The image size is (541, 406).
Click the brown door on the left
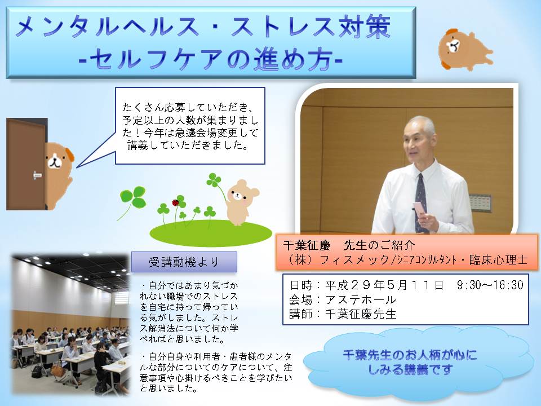26,164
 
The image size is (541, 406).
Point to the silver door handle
37,175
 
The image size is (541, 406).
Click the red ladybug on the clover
175,202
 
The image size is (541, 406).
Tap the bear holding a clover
241,202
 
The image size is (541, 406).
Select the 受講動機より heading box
184,262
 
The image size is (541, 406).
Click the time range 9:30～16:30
490,285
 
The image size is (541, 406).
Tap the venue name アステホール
361,299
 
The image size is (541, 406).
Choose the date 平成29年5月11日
384,285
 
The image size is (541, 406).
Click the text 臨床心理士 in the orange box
499,259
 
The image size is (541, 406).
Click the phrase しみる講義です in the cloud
410,370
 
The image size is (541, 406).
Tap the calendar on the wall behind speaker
480,202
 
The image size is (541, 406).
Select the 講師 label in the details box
300,314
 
